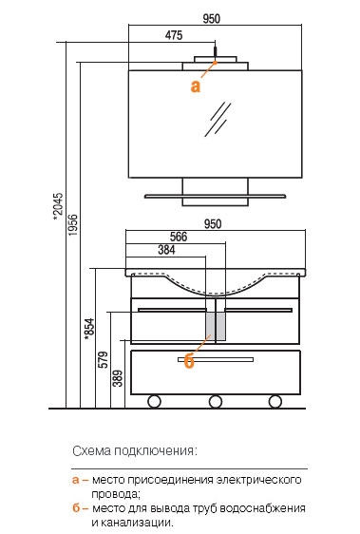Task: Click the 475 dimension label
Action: pyautogui.click(x=174, y=35)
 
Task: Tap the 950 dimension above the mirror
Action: pyautogui.click(x=212, y=18)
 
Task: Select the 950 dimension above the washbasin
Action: pyautogui.click(x=213, y=223)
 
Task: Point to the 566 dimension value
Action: pyautogui.click(x=179, y=237)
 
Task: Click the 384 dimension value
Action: pyautogui.click(x=166, y=250)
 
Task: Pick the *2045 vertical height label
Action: pyautogui.click(x=58, y=206)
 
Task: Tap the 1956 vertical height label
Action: pyautogui.click(x=72, y=225)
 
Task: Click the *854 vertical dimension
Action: pyautogui.click(x=89, y=329)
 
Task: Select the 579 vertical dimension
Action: pyautogui.click(x=103, y=359)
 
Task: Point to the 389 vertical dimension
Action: pyautogui.click(x=118, y=378)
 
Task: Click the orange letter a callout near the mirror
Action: pyautogui.click(x=196, y=86)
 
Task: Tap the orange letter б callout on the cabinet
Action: pyautogui.click(x=189, y=361)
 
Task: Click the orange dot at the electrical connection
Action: pyautogui.click(x=216, y=63)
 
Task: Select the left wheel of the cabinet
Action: pyautogui.click(x=154, y=402)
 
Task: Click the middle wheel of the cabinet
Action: pyautogui.click(x=216, y=402)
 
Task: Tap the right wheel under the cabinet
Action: pyautogui.click(x=275, y=402)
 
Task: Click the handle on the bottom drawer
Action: pyautogui.click(x=216, y=359)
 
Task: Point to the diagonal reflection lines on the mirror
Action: pyautogui.click(x=218, y=119)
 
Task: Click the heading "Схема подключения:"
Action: pyautogui.click(x=135, y=451)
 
